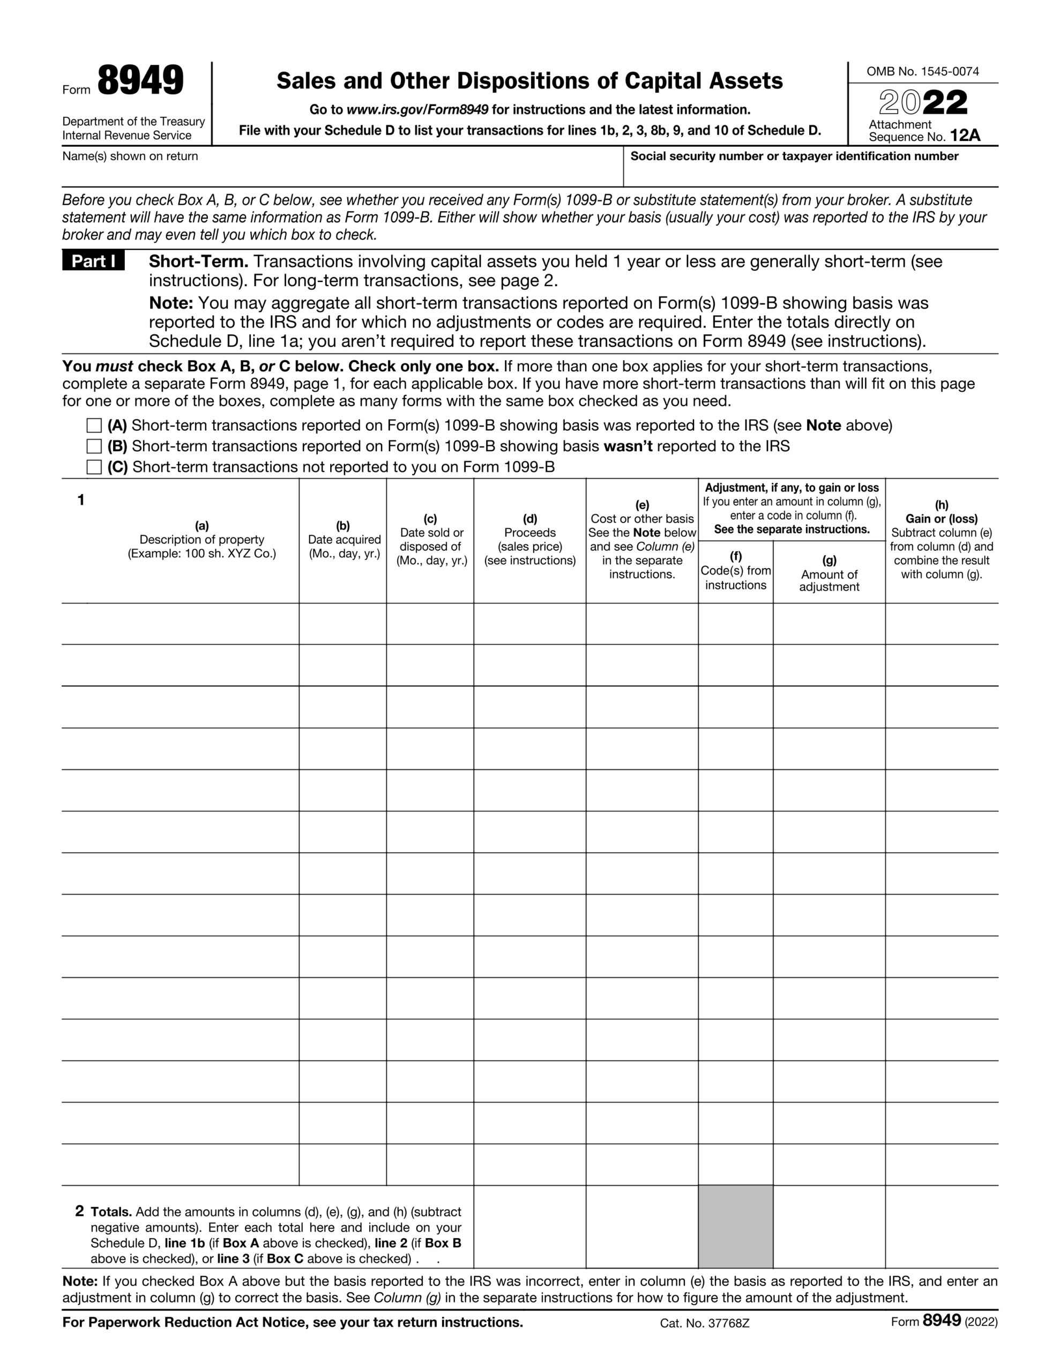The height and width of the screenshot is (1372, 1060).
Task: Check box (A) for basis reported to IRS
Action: [94, 426]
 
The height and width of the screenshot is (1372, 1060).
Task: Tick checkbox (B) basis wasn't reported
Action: [94, 446]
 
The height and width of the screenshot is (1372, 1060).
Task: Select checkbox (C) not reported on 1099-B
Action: [94, 467]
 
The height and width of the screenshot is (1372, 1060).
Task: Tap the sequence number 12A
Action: [965, 136]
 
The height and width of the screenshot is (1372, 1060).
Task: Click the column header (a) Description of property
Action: [201, 540]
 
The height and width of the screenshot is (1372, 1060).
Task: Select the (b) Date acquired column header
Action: [344, 540]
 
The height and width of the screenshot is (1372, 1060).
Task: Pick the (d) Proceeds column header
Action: [529, 540]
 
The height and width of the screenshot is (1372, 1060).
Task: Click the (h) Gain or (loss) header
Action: [941, 519]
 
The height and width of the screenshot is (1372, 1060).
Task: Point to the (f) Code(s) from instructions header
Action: [735, 571]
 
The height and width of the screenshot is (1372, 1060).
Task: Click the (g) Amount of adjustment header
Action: [829, 572]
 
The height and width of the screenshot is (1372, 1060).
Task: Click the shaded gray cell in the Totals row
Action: [735, 1226]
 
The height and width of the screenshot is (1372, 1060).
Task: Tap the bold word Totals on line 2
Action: [111, 1212]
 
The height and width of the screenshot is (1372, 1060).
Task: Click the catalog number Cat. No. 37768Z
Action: [704, 1324]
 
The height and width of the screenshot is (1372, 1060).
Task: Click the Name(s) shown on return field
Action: [339, 169]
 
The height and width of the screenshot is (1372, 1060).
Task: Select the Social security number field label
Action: [794, 156]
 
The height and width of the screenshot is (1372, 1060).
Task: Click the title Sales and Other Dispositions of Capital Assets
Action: [529, 81]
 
